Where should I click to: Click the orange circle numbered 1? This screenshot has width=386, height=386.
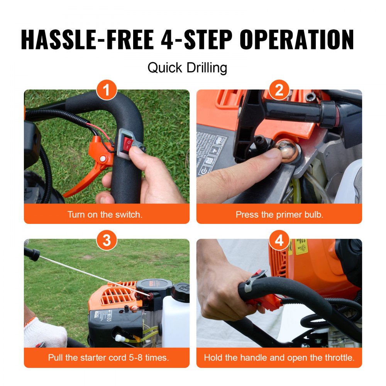pos(107,91)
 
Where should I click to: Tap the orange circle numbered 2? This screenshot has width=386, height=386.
pos(279,91)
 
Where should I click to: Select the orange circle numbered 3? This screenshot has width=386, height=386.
pos(107,240)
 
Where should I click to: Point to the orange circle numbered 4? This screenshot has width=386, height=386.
pos(279,240)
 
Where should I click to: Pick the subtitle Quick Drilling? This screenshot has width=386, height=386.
pos(187,68)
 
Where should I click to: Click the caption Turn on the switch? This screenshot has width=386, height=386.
pos(105,215)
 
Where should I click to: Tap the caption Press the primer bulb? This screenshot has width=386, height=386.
pos(279,215)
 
